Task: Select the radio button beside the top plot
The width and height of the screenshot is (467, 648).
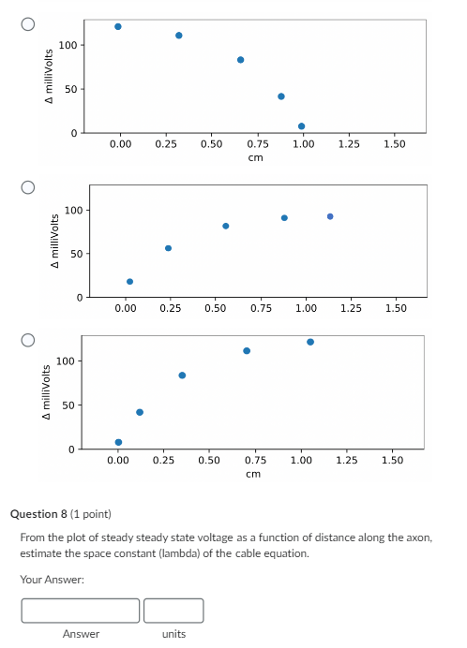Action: [x=29, y=24]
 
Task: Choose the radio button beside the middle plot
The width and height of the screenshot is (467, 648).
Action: [x=29, y=187]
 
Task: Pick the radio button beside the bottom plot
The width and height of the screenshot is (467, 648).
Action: [x=29, y=338]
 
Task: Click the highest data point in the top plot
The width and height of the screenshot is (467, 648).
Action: [x=118, y=26]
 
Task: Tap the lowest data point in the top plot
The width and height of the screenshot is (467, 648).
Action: [x=301, y=126]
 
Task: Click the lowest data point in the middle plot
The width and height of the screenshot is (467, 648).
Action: [x=130, y=281]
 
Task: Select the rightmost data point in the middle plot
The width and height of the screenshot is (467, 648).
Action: [x=330, y=216]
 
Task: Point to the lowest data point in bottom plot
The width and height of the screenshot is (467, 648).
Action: [x=118, y=442]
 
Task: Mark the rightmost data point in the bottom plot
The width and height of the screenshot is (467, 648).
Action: [x=310, y=342]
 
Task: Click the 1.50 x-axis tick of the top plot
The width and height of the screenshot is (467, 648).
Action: [x=394, y=144]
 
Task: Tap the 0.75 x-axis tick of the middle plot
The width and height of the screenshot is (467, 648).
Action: [x=261, y=307]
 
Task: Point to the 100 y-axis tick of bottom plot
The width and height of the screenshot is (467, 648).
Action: [x=66, y=361]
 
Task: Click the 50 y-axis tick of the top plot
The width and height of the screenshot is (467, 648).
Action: [x=71, y=89]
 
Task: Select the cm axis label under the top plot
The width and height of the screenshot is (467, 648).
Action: [x=255, y=157]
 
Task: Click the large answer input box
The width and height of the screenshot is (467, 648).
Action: [x=81, y=611]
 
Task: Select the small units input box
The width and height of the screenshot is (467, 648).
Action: [x=173, y=611]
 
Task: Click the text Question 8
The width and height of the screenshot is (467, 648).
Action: [x=39, y=514]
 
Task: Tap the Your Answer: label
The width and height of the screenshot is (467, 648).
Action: [x=53, y=581]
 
